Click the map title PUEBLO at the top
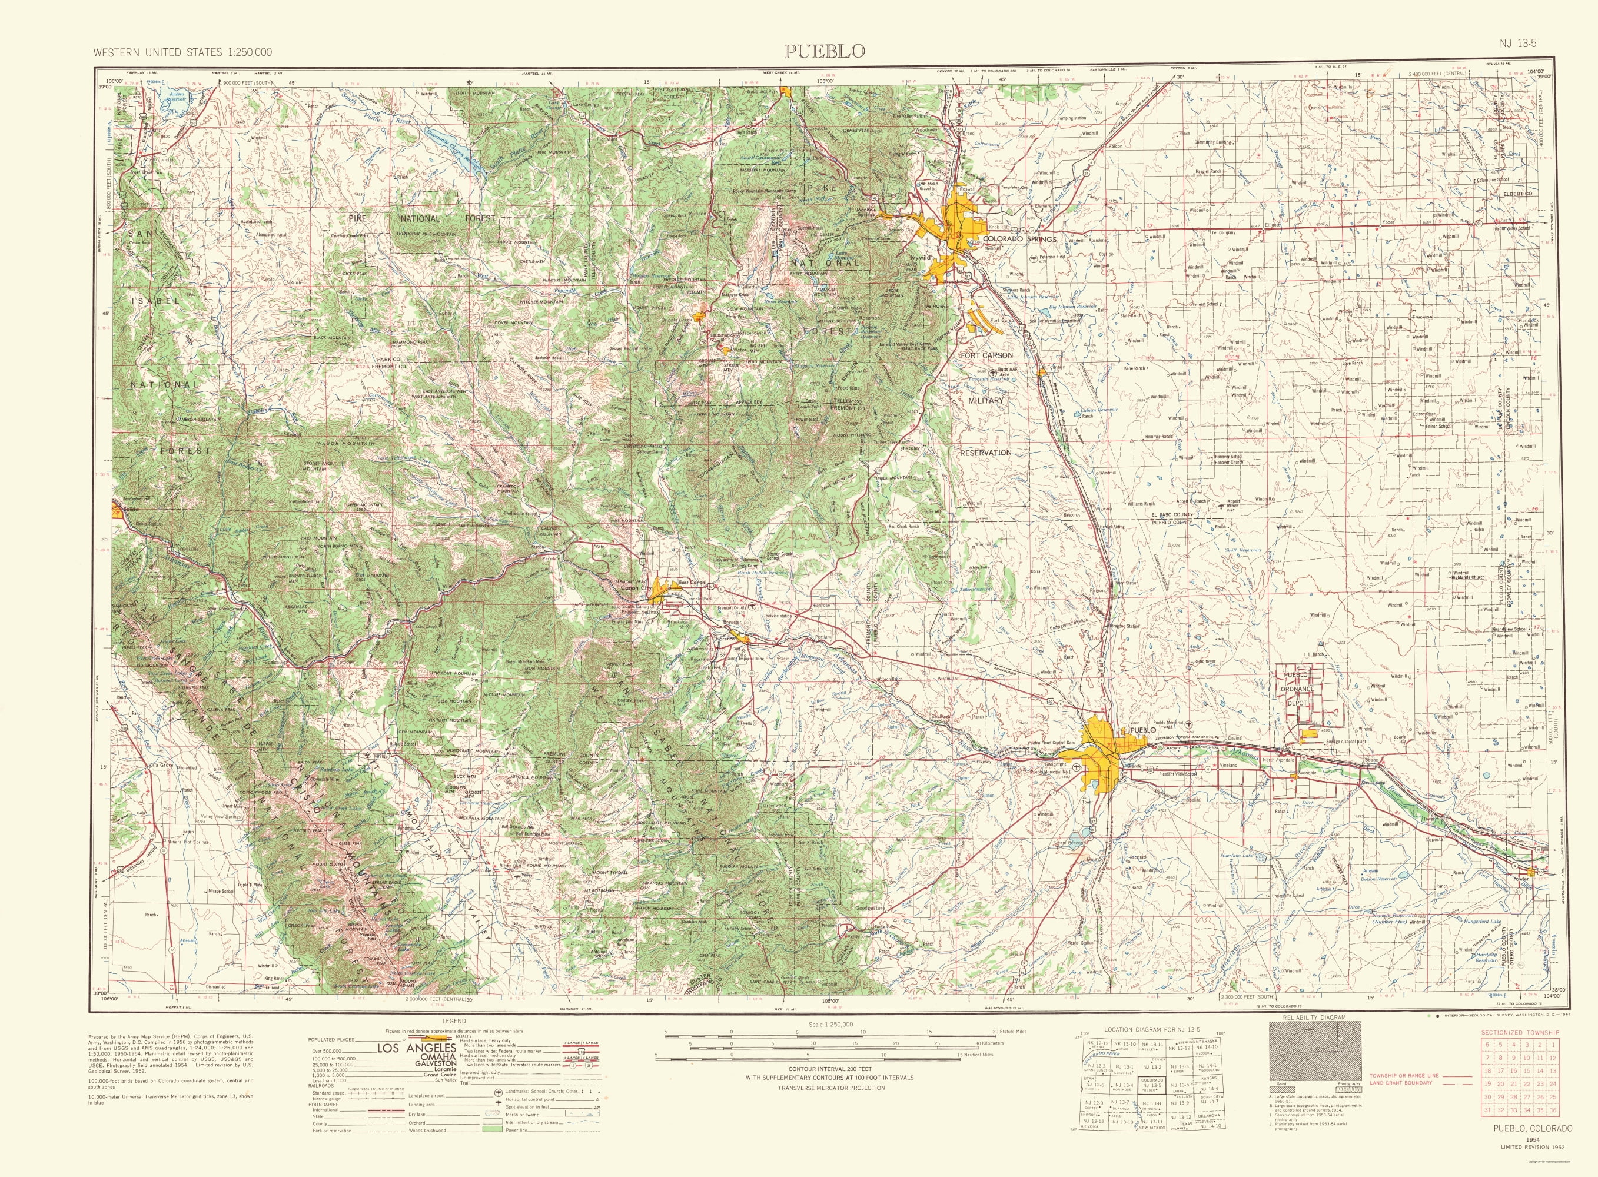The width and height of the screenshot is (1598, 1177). pyautogui.click(x=824, y=51)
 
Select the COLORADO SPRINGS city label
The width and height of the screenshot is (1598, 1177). pyautogui.click(x=1019, y=240)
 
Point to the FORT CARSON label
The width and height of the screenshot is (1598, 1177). pyautogui.click(x=986, y=355)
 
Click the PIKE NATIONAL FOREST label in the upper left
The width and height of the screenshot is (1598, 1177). pyautogui.click(x=420, y=219)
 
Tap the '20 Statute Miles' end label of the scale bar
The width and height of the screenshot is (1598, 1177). pyautogui.click(x=1010, y=1032)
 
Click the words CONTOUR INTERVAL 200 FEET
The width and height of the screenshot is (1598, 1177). pyautogui.click(x=829, y=1069)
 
